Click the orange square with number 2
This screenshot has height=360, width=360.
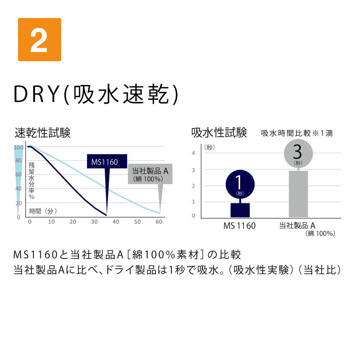coord(40,40)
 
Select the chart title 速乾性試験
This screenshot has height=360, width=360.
coord(42,133)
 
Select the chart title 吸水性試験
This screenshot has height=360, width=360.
coord(219,133)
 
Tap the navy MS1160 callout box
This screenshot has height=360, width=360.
coord(107,161)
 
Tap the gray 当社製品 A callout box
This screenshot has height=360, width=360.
coord(150,174)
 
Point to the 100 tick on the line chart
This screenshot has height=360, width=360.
coord(19,147)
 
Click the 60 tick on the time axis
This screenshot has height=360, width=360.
coord(159,221)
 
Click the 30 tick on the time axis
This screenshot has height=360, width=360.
coord(94,221)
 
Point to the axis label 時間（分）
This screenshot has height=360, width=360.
coord(43,211)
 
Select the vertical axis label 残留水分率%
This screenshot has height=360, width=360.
coord(31,181)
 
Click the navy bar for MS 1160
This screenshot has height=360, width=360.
coord(240,210)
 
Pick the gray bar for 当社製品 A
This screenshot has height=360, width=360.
coord(298,194)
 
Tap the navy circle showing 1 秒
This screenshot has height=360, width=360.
coord(240,184)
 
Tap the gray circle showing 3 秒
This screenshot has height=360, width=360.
coord(298,153)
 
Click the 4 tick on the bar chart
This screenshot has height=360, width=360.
coord(193,153)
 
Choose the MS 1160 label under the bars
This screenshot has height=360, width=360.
coord(239,226)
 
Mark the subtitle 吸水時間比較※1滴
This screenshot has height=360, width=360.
coord(297,133)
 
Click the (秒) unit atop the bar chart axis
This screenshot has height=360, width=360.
coord(210,147)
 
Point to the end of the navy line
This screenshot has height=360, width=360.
coord(106,215)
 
